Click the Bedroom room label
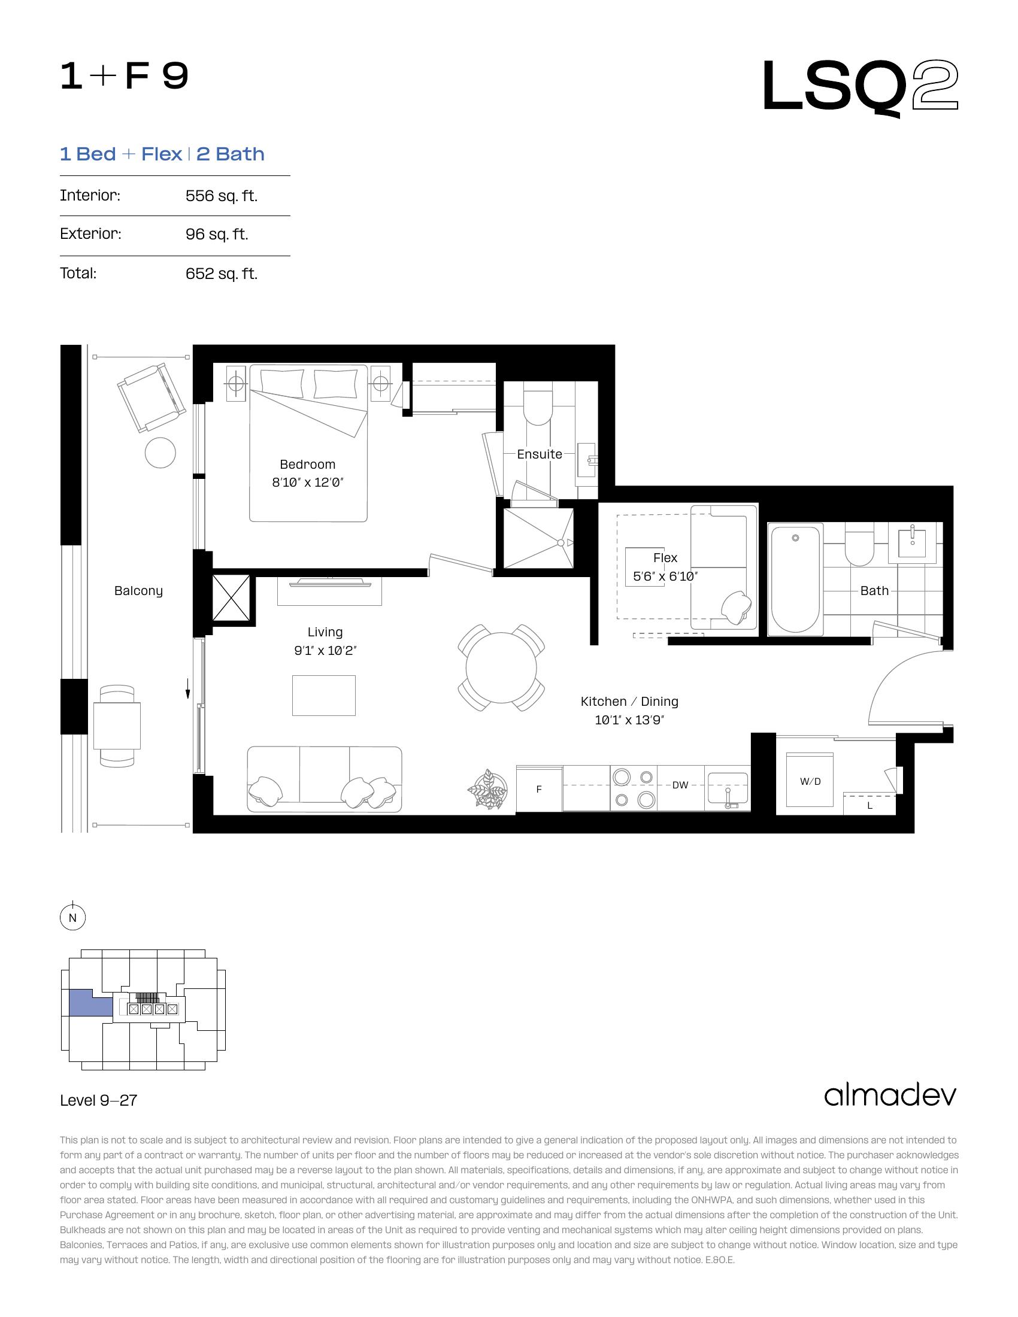pyautogui.click(x=308, y=465)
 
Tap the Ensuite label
pyautogui.click(x=540, y=454)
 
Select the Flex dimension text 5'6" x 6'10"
pyautogui.click(x=665, y=576)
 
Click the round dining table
pyautogui.click(x=501, y=667)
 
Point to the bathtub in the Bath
pyautogui.click(x=795, y=579)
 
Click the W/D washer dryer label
pyautogui.click(x=810, y=781)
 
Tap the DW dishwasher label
pyautogui.click(x=680, y=785)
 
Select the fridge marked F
pyautogui.click(x=539, y=789)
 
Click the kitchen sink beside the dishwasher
pyautogui.click(x=728, y=789)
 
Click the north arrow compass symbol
pyautogui.click(x=73, y=918)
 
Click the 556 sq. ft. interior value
pyautogui.click(x=222, y=196)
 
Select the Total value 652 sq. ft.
pyautogui.click(x=222, y=274)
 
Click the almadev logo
pyautogui.click(x=890, y=1095)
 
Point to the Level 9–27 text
pyautogui.click(x=99, y=1100)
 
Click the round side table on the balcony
pyautogui.click(x=160, y=452)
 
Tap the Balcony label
pyautogui.click(x=139, y=591)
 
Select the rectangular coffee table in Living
pyautogui.click(x=324, y=695)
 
